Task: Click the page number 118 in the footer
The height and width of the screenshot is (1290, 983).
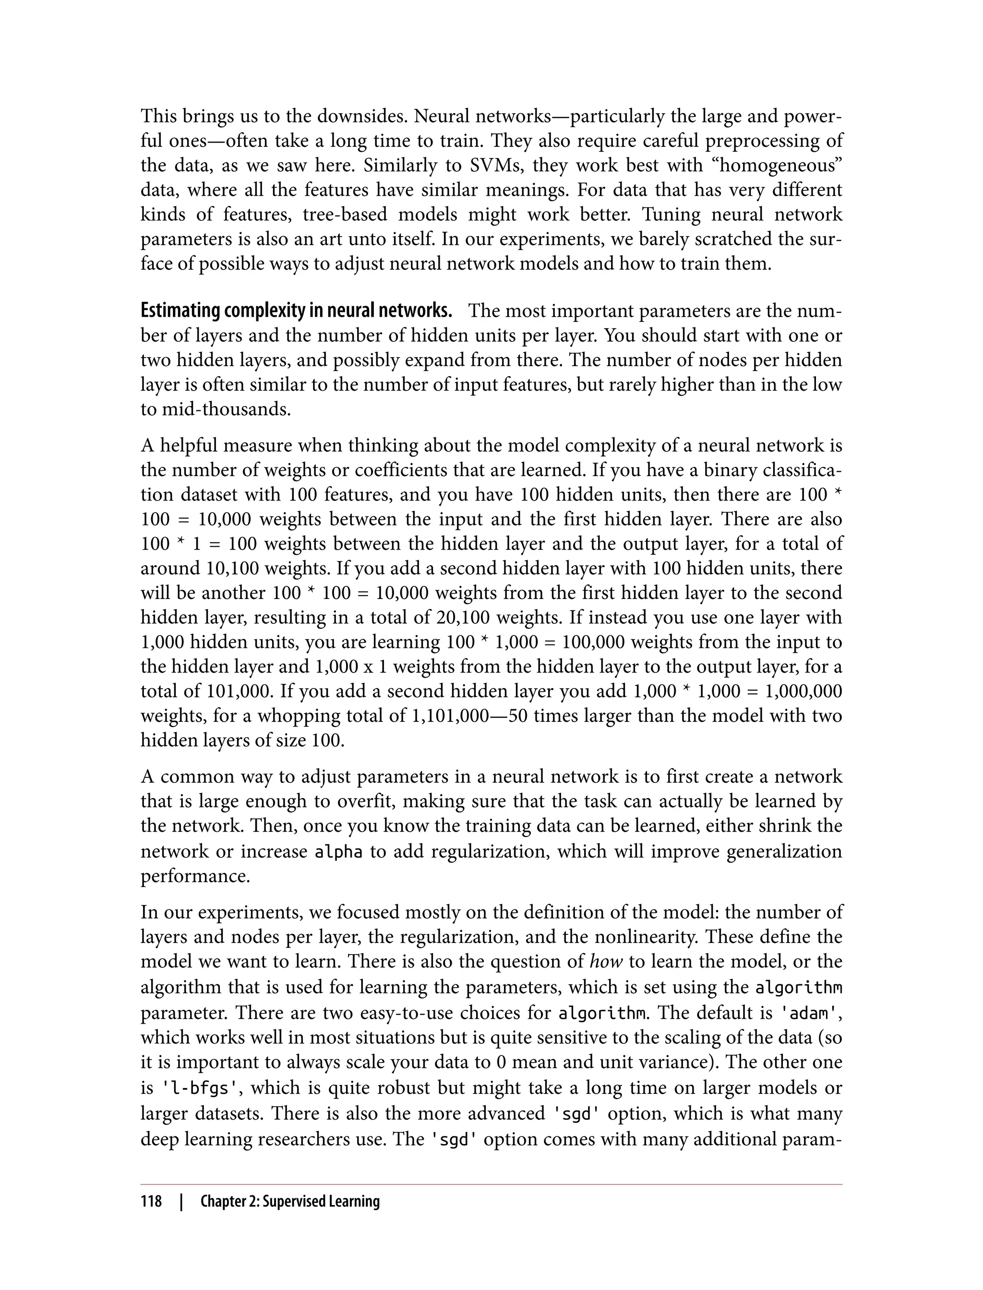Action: pyautogui.click(x=151, y=1202)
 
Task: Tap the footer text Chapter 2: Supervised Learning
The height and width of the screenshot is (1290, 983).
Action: pyautogui.click(x=289, y=1202)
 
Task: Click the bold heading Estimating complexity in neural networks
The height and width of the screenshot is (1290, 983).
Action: pyautogui.click(x=296, y=311)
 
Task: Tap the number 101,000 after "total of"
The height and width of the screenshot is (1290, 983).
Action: pyautogui.click(x=240, y=691)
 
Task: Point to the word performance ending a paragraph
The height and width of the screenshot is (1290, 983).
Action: pyautogui.click(x=195, y=876)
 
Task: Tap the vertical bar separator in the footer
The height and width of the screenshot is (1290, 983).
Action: pyautogui.click(x=181, y=1202)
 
